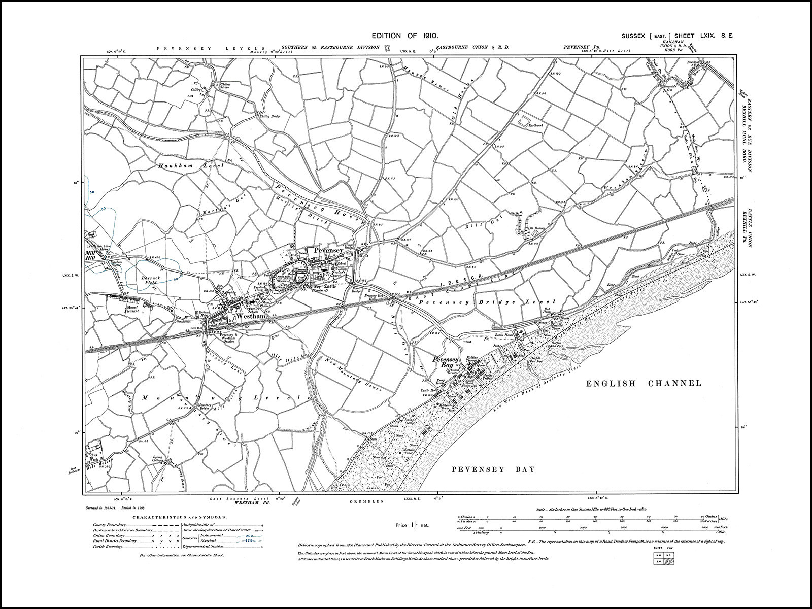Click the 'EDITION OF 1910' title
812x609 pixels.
coord(401,36)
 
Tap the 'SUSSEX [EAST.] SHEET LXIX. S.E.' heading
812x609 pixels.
coord(677,36)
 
